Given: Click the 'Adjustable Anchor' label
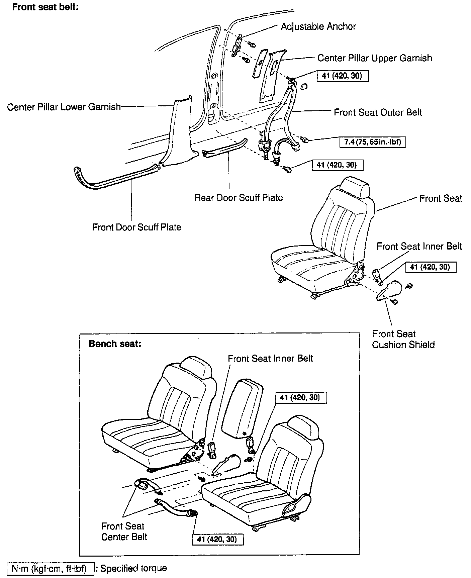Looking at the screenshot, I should [318, 26].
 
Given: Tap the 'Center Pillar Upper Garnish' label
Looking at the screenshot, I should [374, 58].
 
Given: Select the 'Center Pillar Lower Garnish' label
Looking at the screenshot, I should [64, 107].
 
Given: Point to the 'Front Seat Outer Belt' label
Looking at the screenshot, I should [378, 112].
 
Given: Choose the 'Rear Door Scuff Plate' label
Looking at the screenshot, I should [238, 198].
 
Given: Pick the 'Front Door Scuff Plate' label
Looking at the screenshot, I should [136, 227].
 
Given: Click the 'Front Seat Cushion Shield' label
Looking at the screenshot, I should [403, 339].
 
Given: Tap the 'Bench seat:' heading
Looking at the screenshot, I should [115, 344].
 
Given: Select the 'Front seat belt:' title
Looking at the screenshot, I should [45, 7].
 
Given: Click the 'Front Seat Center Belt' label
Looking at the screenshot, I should [124, 532].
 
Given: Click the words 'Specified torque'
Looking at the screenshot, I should [133, 568].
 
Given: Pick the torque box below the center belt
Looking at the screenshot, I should [217, 539].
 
